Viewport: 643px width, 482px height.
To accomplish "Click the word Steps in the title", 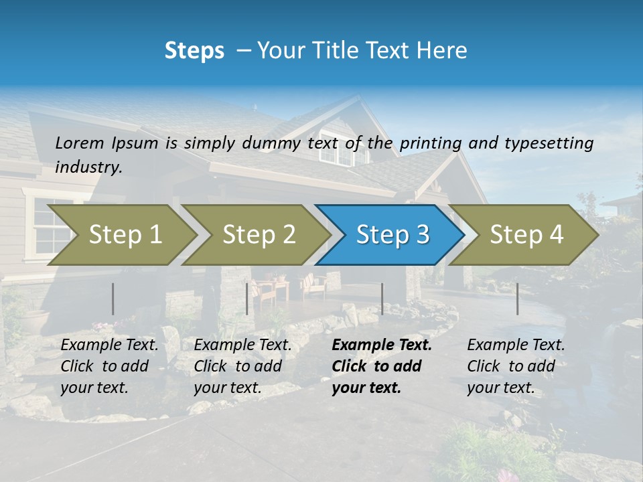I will (194, 50).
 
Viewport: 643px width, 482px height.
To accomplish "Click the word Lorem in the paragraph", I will (80, 143).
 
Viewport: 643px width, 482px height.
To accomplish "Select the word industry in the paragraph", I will (88, 167).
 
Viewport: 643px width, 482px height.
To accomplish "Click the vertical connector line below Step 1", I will (113, 299).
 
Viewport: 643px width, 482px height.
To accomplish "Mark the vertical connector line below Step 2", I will (247, 299).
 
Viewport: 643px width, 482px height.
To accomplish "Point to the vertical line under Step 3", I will (382, 299).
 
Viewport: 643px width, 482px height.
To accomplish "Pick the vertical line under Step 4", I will (517, 299).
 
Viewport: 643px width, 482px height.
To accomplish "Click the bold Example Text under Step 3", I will (382, 345).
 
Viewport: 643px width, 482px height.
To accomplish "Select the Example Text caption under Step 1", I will (109, 345).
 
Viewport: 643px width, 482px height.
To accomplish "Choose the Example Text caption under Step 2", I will (242, 345).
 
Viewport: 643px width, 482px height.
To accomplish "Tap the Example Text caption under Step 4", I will (516, 345).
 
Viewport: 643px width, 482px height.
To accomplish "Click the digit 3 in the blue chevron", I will (422, 235).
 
